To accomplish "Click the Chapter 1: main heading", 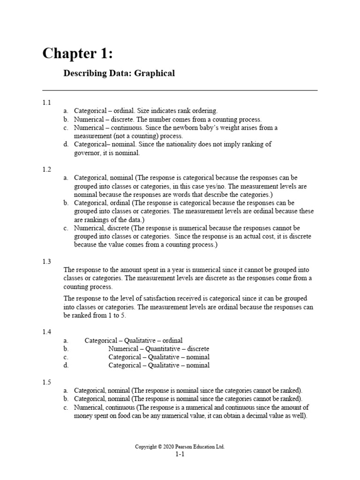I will pos(77,53).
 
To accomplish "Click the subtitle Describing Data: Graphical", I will pos(119,73).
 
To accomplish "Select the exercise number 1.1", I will pos(46,102).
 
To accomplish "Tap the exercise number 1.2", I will pos(46,169).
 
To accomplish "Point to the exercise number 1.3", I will pos(46,262).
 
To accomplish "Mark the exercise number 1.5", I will pos(46,382).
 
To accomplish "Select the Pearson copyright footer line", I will pos(180,447).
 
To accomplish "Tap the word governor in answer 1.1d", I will pos(88,153).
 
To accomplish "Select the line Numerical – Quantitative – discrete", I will pos(159,349).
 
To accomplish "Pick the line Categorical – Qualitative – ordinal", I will pos(134,340).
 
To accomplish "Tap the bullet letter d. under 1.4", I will pos(66,366).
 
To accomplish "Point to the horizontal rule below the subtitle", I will pos(180,90).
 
